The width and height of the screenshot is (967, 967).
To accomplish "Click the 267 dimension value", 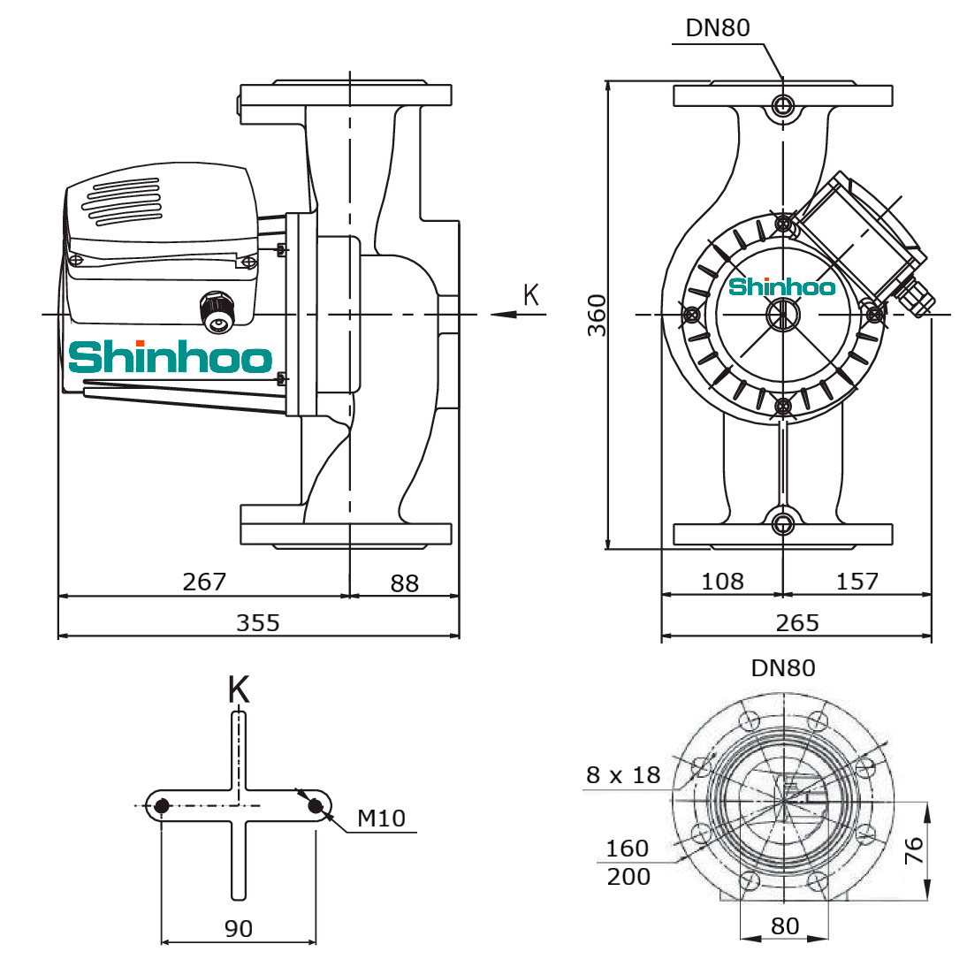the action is (x=204, y=582).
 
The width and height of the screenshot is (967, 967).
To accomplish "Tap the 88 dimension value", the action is (x=405, y=582).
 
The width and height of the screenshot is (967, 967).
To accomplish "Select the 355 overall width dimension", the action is (x=258, y=623).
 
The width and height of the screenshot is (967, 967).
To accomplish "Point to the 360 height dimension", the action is (x=597, y=316).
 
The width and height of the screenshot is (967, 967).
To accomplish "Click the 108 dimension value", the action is (x=723, y=581).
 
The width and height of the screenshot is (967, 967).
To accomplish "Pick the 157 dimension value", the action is (x=857, y=581).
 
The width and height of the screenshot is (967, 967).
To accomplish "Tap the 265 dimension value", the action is (x=796, y=623).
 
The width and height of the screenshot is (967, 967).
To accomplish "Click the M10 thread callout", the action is (x=381, y=819).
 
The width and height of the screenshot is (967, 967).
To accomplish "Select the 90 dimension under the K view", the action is (x=238, y=928).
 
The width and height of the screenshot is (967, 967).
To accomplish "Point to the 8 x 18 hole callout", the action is (x=623, y=774).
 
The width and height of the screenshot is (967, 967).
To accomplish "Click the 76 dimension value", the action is (x=914, y=849).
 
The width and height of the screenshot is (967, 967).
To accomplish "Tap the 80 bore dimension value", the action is (x=784, y=925).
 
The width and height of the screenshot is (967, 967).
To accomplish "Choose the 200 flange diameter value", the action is (x=628, y=876).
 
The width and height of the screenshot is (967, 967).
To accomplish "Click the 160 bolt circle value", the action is (x=628, y=849).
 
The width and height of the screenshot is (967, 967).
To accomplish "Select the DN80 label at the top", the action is (x=718, y=27).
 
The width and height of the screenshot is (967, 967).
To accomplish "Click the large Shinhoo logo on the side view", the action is (x=171, y=357).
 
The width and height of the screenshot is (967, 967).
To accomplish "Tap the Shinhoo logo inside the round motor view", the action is (x=782, y=286).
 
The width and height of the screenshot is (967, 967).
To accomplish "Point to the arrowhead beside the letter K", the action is (x=504, y=315).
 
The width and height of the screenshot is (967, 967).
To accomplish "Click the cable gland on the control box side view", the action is (x=217, y=312).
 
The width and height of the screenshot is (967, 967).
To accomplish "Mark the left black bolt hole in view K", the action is (x=162, y=805).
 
